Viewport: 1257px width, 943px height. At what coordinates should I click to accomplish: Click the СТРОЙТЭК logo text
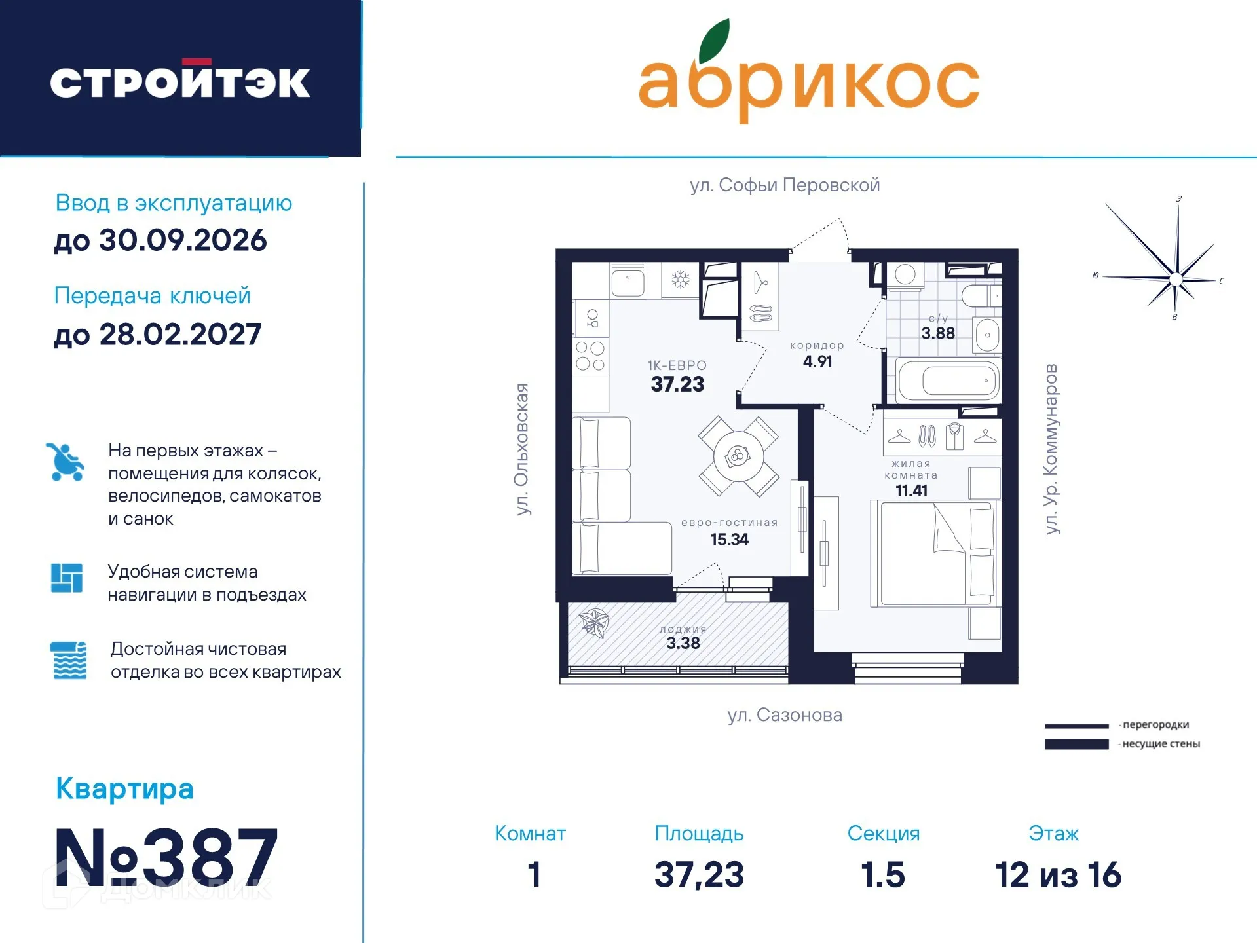pyautogui.click(x=180, y=82)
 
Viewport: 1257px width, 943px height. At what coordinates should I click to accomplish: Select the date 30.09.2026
pyautogui.click(x=160, y=240)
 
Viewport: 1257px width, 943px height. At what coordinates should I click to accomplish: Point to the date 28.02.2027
pyautogui.click(x=158, y=335)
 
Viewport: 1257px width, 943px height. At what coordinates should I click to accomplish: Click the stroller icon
pyautogui.click(x=65, y=462)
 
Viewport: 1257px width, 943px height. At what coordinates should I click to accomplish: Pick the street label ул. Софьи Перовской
pyautogui.click(x=784, y=185)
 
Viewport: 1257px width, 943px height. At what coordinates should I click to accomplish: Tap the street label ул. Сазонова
pyautogui.click(x=784, y=715)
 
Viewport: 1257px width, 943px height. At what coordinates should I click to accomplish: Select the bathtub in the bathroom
pyautogui.click(x=948, y=380)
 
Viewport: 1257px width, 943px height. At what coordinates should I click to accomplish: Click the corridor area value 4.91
pyautogui.click(x=817, y=361)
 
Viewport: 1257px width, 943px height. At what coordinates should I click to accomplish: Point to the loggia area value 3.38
pyautogui.click(x=683, y=643)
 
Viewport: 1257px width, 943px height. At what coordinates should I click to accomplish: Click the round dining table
pyautogui.click(x=738, y=456)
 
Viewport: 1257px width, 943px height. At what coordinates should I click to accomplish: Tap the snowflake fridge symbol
pyautogui.click(x=680, y=281)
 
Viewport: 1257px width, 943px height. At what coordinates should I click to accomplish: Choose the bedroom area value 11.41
pyautogui.click(x=910, y=490)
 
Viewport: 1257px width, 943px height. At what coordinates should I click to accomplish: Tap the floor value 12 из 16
pyautogui.click(x=1057, y=875)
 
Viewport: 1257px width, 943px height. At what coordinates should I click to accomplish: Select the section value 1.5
pyautogui.click(x=882, y=875)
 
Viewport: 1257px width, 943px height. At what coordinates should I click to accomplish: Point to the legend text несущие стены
pyautogui.click(x=1160, y=744)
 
